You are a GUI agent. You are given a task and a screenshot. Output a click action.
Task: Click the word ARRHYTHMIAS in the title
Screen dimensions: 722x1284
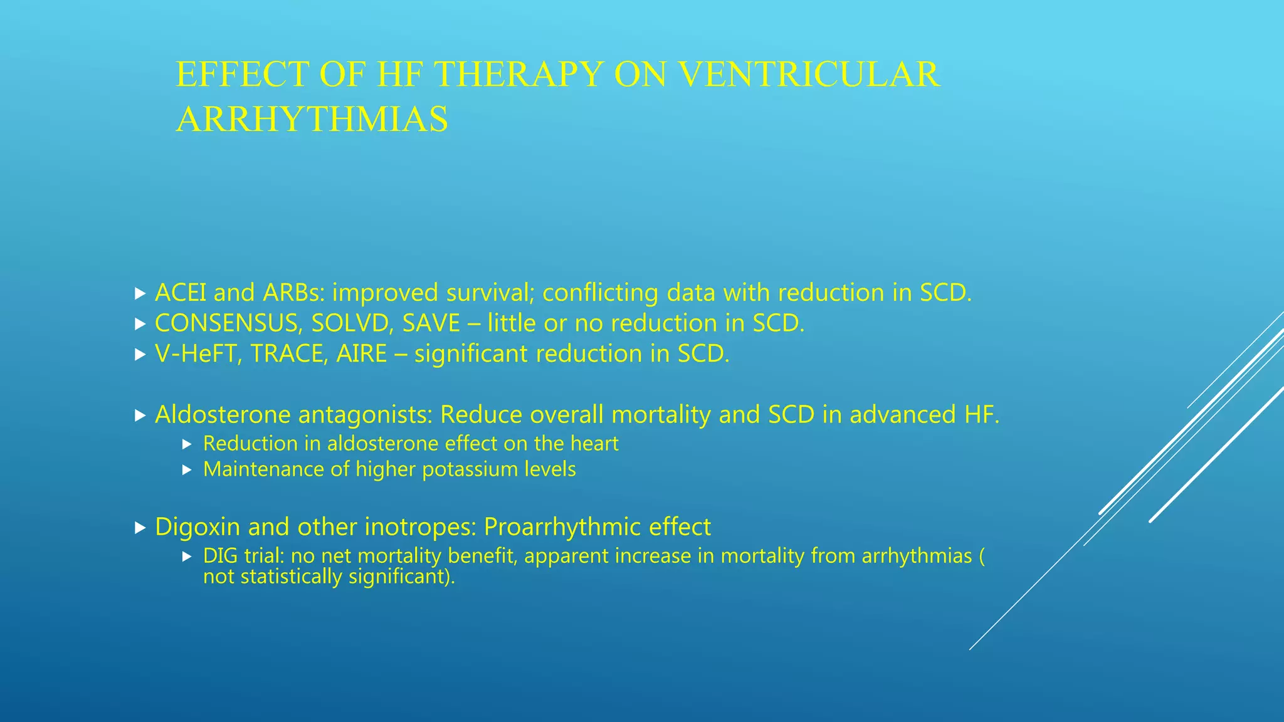tap(312, 119)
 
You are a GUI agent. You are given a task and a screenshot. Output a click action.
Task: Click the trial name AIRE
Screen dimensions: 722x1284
tap(361, 354)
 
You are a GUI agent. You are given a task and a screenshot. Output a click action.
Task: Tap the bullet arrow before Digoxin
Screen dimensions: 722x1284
tap(140, 528)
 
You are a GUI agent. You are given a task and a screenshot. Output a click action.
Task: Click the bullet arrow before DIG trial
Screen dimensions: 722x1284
tap(186, 557)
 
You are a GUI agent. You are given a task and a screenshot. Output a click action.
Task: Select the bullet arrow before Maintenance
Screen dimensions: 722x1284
tap(186, 470)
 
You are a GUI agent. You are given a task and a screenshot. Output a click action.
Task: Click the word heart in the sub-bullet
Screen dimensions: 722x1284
tap(594, 444)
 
